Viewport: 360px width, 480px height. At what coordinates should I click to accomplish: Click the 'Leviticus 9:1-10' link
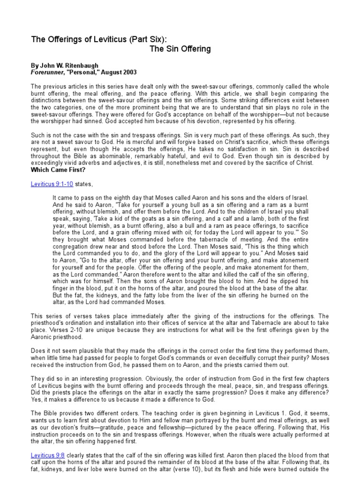coord(52,185)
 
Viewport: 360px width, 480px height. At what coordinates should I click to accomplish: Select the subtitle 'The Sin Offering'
coord(180,49)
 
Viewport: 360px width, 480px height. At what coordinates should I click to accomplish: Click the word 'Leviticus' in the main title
coord(96,39)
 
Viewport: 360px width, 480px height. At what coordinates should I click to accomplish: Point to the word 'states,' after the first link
coord(85,185)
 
